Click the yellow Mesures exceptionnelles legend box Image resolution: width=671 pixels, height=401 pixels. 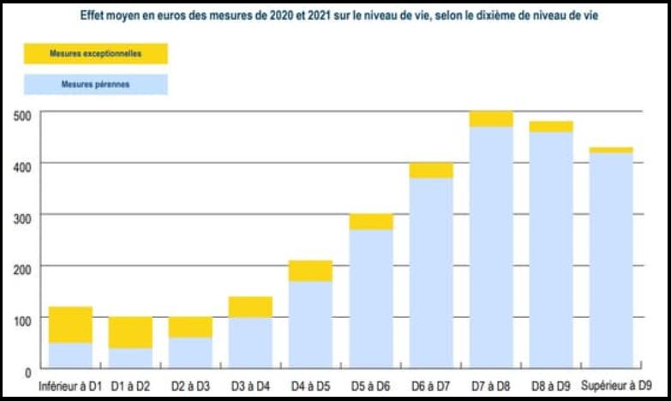tap(95, 54)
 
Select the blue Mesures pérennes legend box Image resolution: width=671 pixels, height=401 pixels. tap(95, 85)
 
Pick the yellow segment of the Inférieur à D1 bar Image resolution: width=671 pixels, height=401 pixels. tap(71, 325)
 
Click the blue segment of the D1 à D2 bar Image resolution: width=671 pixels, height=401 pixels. tap(130, 358)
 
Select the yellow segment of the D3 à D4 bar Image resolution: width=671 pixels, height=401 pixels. tap(250, 307)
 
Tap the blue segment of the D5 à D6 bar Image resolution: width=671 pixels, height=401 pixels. tap(370, 298)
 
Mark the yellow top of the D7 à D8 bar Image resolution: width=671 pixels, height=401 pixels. tap(491, 119)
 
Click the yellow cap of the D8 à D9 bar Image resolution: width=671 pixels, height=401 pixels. tap(551, 126)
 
